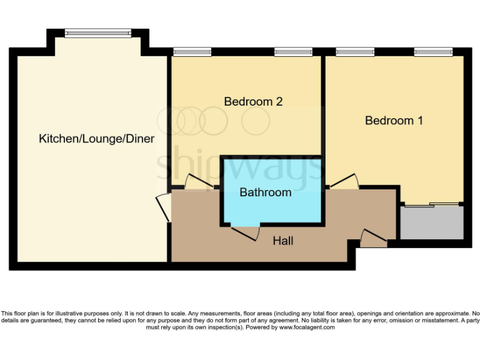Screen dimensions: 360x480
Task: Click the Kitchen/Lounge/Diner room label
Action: (x=96, y=138)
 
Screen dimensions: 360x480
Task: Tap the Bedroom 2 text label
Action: (x=253, y=101)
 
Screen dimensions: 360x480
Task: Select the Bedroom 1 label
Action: (x=394, y=121)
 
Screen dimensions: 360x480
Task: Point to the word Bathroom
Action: (x=266, y=192)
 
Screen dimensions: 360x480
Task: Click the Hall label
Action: (x=282, y=241)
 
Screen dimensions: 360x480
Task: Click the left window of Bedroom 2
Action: (x=184, y=52)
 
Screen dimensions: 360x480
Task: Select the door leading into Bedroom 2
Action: (x=199, y=182)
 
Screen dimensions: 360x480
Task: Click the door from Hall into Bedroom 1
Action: (x=344, y=181)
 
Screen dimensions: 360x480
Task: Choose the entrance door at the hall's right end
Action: (x=374, y=237)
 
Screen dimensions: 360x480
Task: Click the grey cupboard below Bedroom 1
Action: (x=432, y=223)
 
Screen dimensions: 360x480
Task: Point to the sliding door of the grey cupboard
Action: (x=432, y=204)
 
